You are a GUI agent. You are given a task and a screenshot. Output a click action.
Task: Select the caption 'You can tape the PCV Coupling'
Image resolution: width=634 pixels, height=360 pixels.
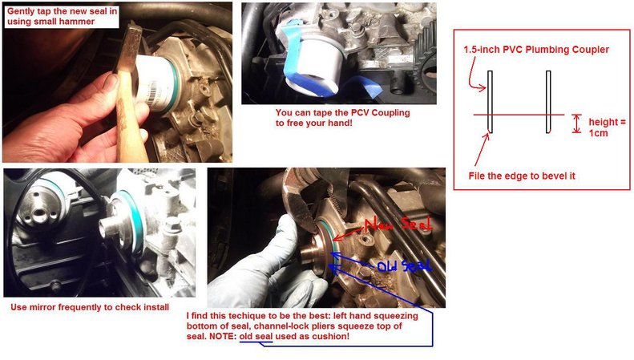[x=342, y=113]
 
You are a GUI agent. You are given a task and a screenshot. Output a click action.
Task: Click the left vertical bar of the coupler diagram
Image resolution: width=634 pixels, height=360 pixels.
[x=491, y=101]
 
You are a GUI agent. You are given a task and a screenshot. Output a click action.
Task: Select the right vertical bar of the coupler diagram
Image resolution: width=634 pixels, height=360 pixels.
[x=548, y=101]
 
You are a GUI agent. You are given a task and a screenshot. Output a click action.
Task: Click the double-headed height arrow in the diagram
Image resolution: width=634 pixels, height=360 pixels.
[x=576, y=123]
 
